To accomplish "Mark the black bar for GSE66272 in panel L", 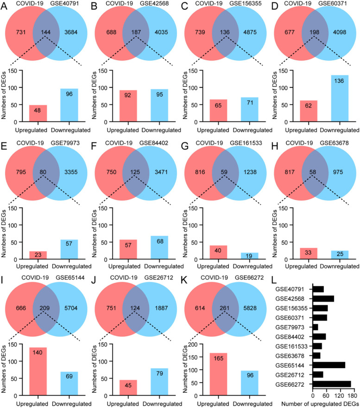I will [x=332, y=384].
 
